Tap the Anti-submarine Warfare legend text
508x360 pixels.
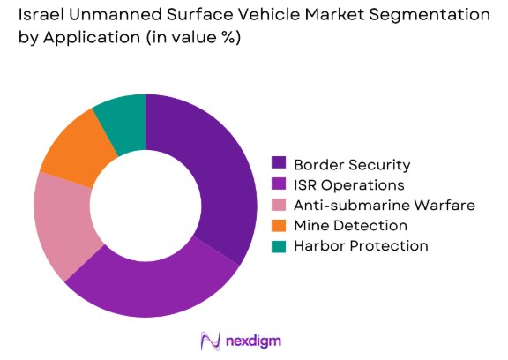[385, 205]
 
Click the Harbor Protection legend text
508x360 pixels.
[361, 245]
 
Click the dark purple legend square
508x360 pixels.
[279, 164]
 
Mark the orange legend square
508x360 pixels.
[279, 225]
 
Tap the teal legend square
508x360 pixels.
[279, 245]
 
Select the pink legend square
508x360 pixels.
[279, 205]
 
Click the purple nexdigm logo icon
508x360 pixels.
[210, 341]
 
